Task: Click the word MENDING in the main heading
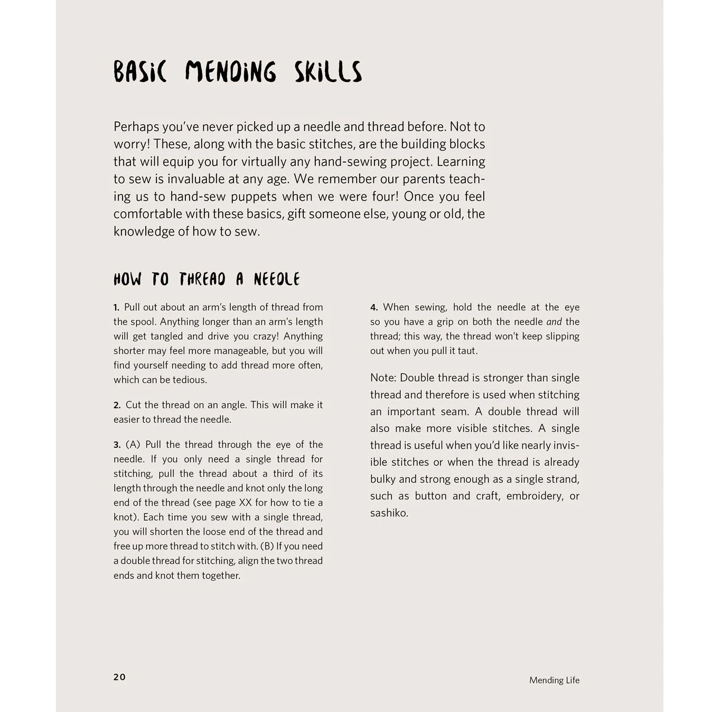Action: pyautogui.click(x=230, y=72)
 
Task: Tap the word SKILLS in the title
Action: pyautogui.click(x=328, y=72)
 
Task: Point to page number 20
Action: pyautogui.click(x=119, y=677)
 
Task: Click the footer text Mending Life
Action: pyautogui.click(x=554, y=680)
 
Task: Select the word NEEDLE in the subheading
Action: pyautogui.click(x=276, y=279)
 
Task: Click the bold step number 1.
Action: pyautogui.click(x=116, y=307)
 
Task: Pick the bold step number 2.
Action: pyautogui.click(x=117, y=405)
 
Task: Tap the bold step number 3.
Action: pyautogui.click(x=117, y=445)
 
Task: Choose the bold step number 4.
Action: pyautogui.click(x=374, y=307)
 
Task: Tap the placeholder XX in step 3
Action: pyautogui.click(x=245, y=503)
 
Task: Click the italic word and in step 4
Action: pyautogui.click(x=554, y=322)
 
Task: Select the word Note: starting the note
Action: pyautogui.click(x=383, y=378)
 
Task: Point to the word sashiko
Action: pyautogui.click(x=389, y=513)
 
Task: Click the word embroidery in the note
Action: pyautogui.click(x=535, y=496)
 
